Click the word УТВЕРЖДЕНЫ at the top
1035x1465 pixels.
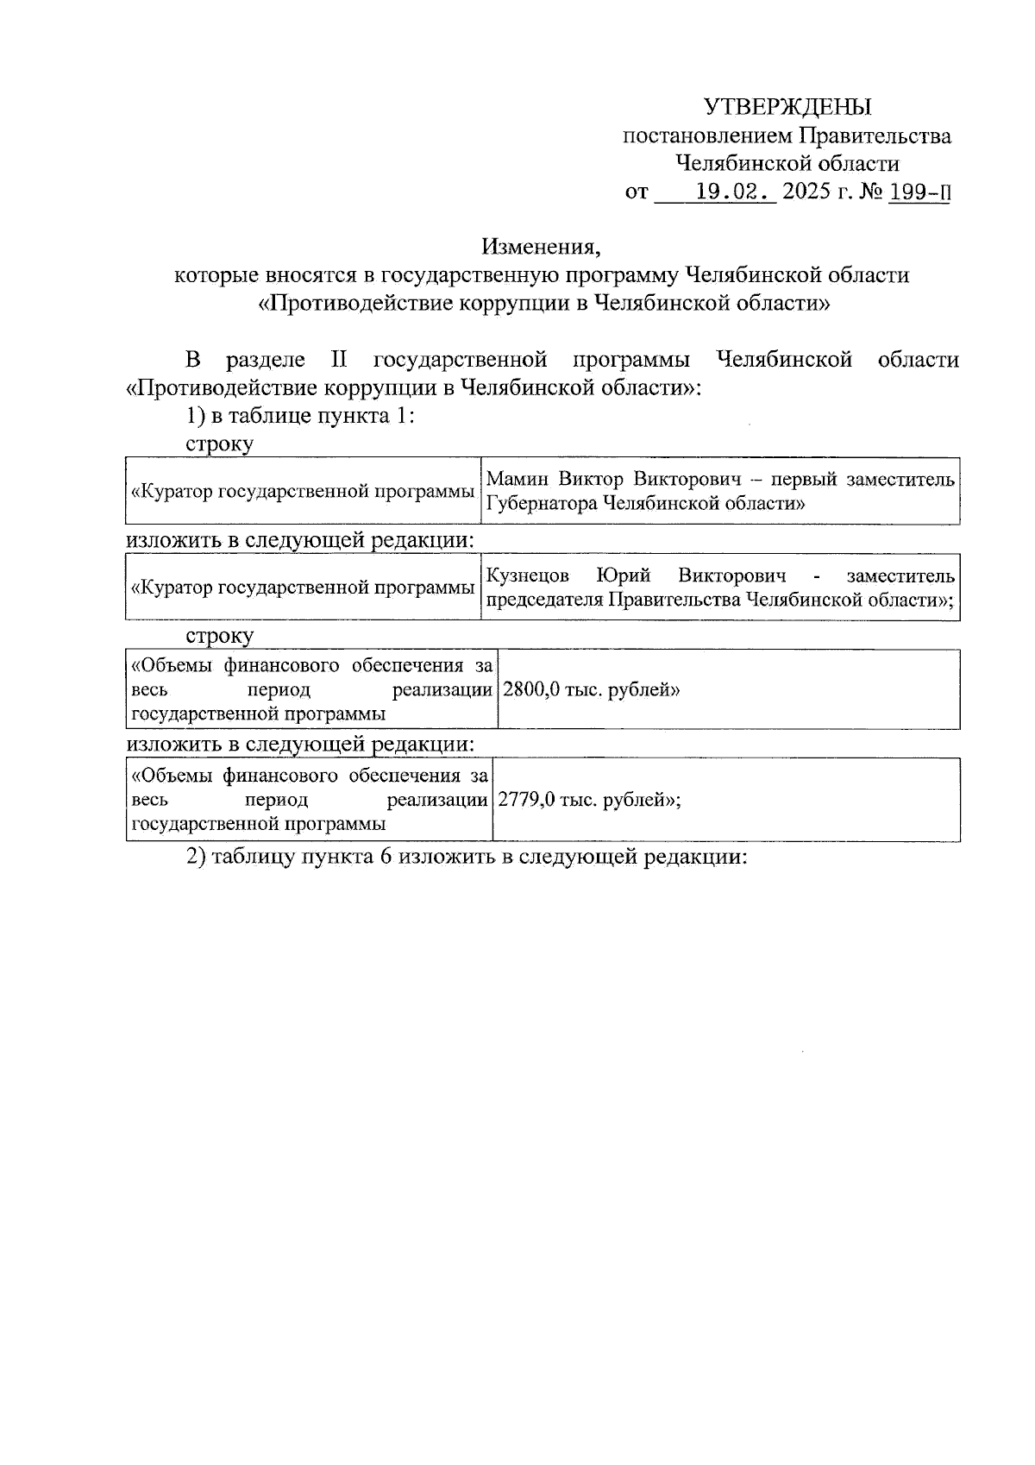[x=787, y=107]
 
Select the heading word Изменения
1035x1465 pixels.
[x=540, y=247]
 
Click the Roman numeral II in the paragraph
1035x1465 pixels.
[x=339, y=360]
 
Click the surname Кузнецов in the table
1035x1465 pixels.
[x=527, y=575]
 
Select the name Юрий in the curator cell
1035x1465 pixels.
[x=623, y=575]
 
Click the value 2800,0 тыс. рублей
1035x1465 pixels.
[x=591, y=690]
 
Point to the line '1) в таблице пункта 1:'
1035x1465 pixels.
[x=301, y=416]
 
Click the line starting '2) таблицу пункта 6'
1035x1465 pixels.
[x=466, y=857]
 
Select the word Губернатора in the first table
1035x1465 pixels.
[x=541, y=503]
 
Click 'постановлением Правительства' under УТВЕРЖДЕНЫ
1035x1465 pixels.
[x=787, y=135]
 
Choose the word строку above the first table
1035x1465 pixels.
[x=219, y=444]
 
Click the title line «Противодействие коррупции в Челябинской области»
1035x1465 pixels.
[x=544, y=304]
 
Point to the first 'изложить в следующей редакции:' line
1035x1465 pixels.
[x=300, y=541]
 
